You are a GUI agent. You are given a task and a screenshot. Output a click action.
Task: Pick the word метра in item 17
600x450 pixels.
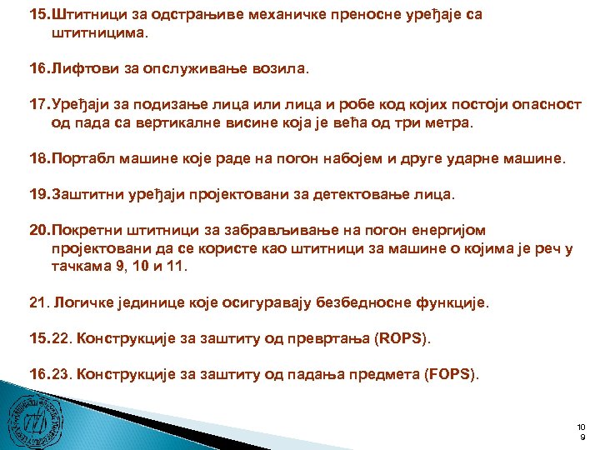tap(447, 124)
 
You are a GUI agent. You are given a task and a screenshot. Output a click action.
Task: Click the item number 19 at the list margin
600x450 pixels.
tap(38, 195)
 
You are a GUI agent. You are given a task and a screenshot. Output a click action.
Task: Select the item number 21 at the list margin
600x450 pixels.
tap(38, 304)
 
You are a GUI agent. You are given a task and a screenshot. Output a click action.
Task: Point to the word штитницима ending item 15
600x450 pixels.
tap(93, 33)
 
